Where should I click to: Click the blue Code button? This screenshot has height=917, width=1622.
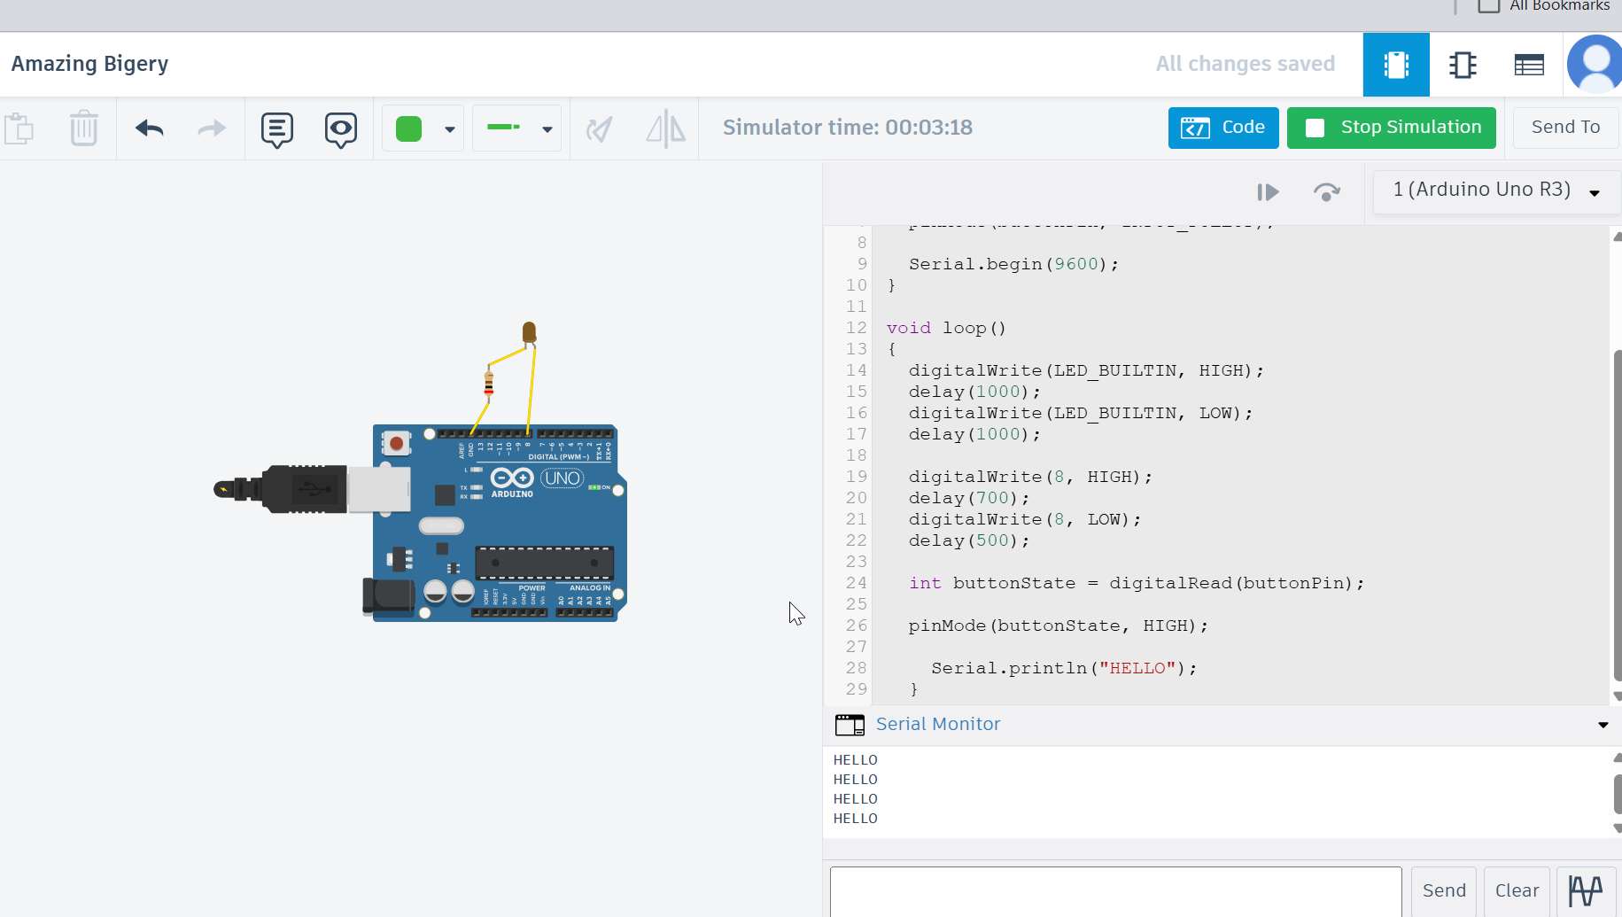1222,128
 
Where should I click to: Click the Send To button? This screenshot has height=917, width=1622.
1565,128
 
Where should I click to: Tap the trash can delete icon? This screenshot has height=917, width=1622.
83,128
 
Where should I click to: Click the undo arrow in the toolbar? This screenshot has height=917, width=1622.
150,128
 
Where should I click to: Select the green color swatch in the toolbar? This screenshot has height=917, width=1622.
408,128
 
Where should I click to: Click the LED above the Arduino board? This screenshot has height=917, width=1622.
529,332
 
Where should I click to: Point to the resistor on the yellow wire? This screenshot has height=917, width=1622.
488,384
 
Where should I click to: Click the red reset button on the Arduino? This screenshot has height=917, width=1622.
396,443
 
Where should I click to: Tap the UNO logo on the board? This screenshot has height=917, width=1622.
562,478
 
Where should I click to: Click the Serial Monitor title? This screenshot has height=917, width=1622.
937,724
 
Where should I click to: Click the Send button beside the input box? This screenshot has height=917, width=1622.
1443,890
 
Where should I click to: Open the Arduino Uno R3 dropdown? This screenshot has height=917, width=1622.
1495,190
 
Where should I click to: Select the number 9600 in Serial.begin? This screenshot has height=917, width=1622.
1075,264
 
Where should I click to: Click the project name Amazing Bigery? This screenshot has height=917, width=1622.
89,64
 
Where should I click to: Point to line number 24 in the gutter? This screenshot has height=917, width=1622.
856,583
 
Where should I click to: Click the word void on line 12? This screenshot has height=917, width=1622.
908,328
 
